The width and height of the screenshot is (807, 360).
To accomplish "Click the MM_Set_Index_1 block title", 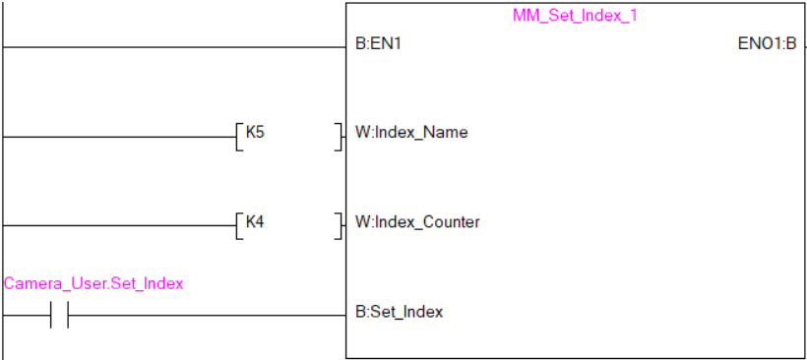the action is pos(575,17).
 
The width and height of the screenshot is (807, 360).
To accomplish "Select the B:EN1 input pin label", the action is pos(378,45).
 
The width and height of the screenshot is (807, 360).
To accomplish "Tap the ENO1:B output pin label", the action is pos(767,45).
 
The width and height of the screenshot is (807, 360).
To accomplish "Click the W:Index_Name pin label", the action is pos(411,133).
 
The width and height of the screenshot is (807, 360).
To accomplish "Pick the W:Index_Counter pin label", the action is pos(417,222).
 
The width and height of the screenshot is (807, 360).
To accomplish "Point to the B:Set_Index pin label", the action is pos(399,312).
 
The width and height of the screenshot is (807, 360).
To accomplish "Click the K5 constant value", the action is pos(254,132).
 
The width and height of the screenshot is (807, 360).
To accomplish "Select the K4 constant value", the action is pos(254,221).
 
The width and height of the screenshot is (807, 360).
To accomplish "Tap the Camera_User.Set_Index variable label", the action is pos(93,284).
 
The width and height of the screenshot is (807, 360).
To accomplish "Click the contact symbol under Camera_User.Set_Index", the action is pos(58,316).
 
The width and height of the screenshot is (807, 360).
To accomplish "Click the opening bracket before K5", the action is pos(238,136).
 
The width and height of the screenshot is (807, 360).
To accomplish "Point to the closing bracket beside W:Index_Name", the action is pos(340,136).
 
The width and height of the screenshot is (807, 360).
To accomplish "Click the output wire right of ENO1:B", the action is pos(803,46).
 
